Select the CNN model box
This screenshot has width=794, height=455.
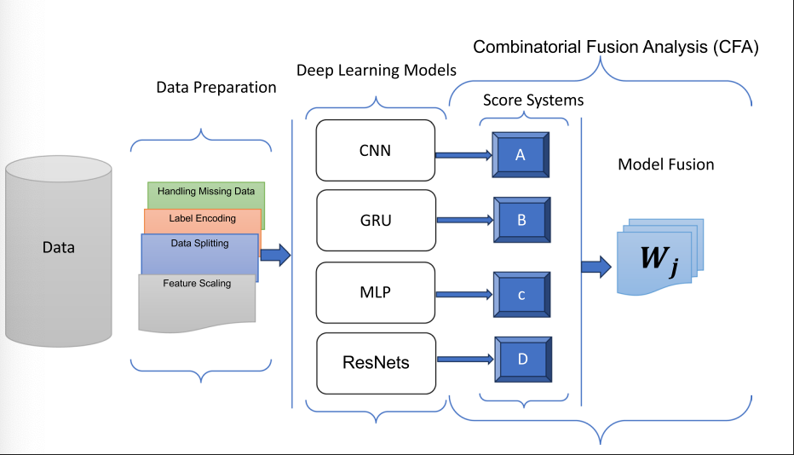pyautogui.click(x=375, y=151)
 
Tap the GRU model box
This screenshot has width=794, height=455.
pyautogui.click(x=375, y=219)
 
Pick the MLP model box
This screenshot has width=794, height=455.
pyautogui.click(x=375, y=292)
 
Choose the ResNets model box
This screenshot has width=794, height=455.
pyautogui.click(x=376, y=362)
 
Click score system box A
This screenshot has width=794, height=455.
pyautogui.click(x=521, y=154)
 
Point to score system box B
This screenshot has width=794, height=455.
pyautogui.click(x=521, y=220)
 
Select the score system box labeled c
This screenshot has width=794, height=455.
pyautogui.click(x=521, y=294)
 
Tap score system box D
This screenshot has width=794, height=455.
pyautogui.click(x=522, y=360)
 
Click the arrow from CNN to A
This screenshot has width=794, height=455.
pyautogui.click(x=464, y=155)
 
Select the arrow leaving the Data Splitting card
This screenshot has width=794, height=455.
pyautogui.click(x=275, y=254)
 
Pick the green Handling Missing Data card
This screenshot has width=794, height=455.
pyautogui.click(x=206, y=193)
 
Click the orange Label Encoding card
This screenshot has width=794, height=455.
pyautogui.click(x=202, y=219)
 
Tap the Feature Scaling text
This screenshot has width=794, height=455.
pyautogui.click(x=197, y=284)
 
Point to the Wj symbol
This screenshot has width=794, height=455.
pyautogui.click(x=659, y=258)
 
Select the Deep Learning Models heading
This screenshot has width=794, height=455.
pyautogui.click(x=377, y=71)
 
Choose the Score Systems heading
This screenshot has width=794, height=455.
pyautogui.click(x=533, y=100)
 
